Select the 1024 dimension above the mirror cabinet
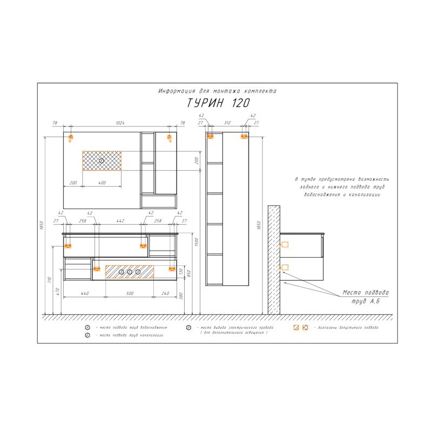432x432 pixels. [x=119, y=123]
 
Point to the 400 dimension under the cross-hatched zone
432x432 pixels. [x=102, y=183]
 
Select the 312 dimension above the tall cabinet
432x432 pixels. [x=227, y=123]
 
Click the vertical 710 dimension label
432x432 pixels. [x=49, y=280]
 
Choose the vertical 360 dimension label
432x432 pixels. [x=182, y=296]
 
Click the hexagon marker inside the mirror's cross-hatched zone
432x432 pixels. [x=102, y=160]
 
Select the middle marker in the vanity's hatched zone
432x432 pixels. [x=130, y=271]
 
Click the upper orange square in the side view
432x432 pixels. [x=285, y=245]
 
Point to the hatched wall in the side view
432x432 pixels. [x=274, y=259]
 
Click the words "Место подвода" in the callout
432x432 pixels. [x=366, y=293]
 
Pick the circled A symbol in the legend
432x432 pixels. [x=87, y=328]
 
